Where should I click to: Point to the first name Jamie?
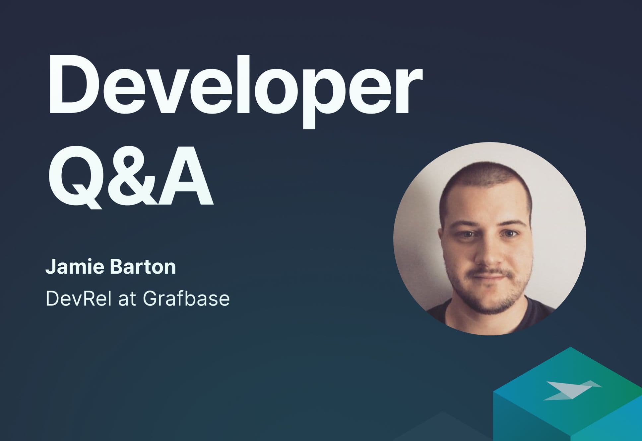tap(77, 267)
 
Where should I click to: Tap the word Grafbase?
tap(186, 298)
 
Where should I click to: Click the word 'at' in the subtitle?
tap(128, 299)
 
